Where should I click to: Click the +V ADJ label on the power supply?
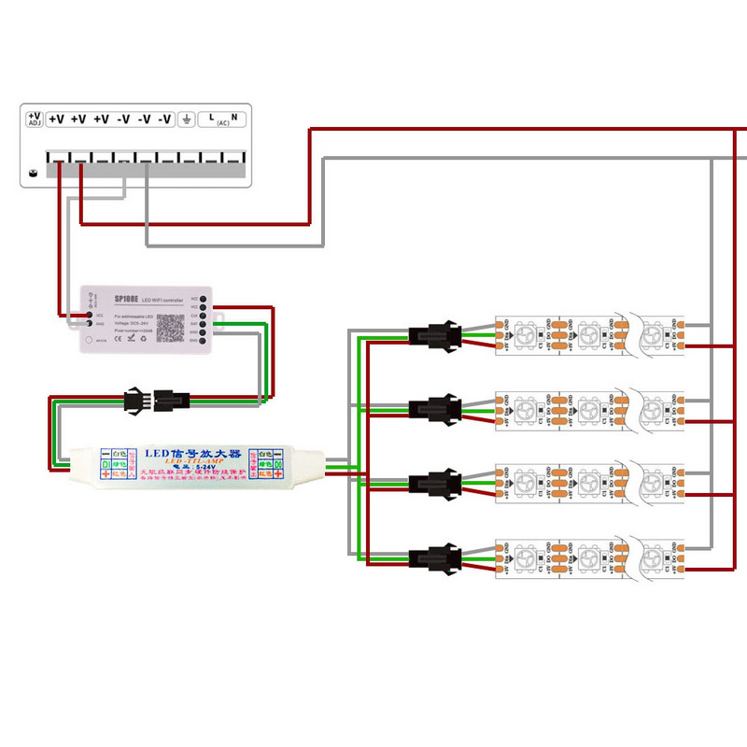(x=35, y=118)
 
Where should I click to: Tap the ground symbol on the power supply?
(x=187, y=119)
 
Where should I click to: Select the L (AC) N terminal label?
(x=222, y=119)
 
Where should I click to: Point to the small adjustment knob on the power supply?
(x=34, y=174)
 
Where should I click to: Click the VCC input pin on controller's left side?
(x=91, y=315)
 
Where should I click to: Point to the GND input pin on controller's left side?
(x=91, y=324)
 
